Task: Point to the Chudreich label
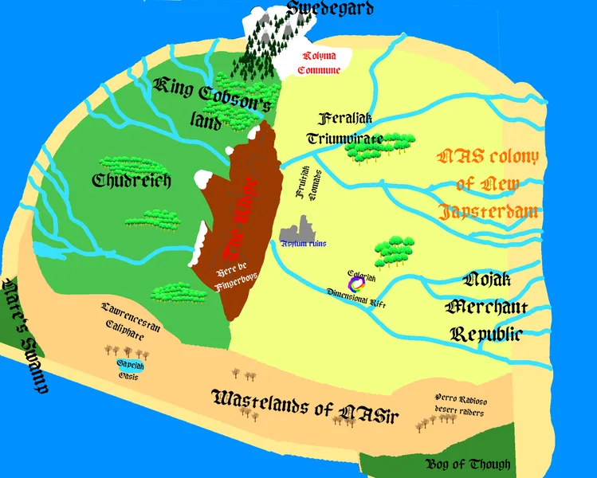pos(132,181)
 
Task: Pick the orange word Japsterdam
pos(487,213)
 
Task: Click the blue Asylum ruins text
pos(303,243)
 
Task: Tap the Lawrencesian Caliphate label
pos(124,319)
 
